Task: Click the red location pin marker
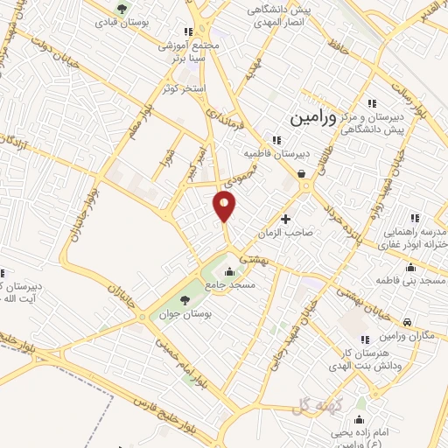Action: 225,206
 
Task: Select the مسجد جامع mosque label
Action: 231,285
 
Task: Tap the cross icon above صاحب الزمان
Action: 284,218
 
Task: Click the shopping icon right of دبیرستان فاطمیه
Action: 303,173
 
